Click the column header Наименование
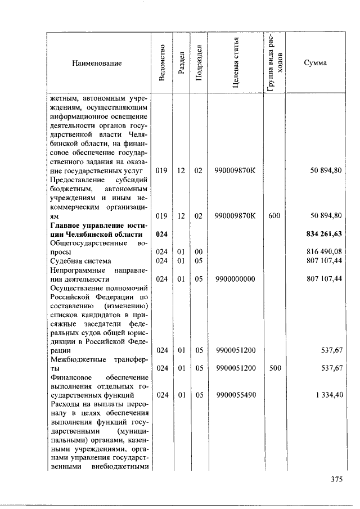96,63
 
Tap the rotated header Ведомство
162,63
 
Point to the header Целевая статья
236,63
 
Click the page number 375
337,480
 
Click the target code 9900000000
236,279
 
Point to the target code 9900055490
236,395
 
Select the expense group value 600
274,216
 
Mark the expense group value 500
274,368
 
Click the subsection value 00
198,252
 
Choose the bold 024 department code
162,234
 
